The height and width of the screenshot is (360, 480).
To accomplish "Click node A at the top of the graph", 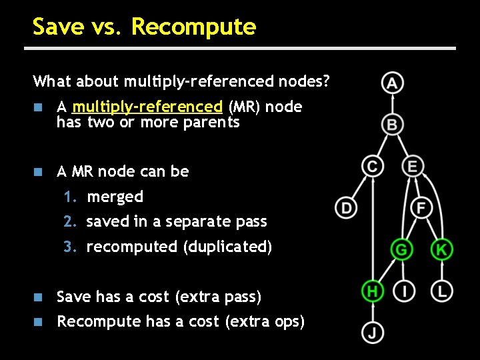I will coord(393,83).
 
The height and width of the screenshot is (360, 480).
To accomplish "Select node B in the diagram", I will coord(393,125).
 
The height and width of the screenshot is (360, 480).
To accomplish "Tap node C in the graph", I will coord(372,166).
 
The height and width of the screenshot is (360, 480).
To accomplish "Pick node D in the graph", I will coord(346,208).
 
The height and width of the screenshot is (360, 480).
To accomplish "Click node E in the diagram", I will coord(413,166).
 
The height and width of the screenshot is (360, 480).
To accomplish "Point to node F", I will coord(421,208).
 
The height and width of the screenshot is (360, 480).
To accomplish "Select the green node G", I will coord(401,250).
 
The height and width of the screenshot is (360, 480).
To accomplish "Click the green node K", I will coord(441,250).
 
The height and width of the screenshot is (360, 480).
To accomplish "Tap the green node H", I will coord(372,291).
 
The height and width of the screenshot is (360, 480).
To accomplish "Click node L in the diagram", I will coord(441,291).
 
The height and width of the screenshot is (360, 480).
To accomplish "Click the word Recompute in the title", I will coord(193,27).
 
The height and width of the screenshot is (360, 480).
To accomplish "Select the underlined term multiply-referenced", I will coord(147,107).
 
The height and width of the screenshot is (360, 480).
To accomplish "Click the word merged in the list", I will coord(115,197).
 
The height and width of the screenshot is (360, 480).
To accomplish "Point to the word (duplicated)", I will coord(227,247).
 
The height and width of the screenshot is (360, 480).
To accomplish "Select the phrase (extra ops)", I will coord(265,321).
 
